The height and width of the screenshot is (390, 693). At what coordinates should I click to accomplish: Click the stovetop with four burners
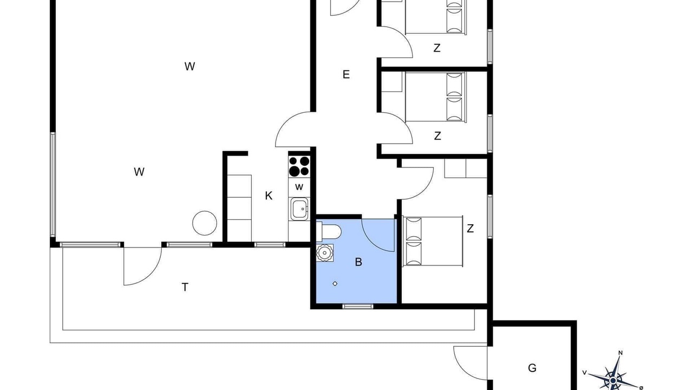[299, 166]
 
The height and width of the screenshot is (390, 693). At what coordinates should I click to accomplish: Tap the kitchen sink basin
[299, 209]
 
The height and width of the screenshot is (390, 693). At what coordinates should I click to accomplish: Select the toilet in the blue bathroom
[329, 231]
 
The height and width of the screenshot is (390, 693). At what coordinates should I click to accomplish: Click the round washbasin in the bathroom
[324, 253]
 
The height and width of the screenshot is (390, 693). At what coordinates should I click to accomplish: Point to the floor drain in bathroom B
[335, 283]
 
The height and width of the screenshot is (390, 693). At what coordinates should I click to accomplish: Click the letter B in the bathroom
[358, 262]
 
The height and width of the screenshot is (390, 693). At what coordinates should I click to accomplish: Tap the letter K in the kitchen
[269, 196]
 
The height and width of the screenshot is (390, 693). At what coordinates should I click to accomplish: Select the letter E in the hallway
[346, 74]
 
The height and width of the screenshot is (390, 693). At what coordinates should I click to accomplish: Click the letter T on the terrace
[185, 287]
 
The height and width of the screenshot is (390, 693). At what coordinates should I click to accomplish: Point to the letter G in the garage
[532, 368]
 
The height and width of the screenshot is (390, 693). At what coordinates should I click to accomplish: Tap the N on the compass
[620, 353]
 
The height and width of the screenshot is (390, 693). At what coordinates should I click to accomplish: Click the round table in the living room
[205, 223]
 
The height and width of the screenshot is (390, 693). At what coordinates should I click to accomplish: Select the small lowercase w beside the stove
[299, 187]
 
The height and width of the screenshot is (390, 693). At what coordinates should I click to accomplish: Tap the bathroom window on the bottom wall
[358, 307]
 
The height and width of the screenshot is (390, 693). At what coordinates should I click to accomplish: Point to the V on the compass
[584, 372]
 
